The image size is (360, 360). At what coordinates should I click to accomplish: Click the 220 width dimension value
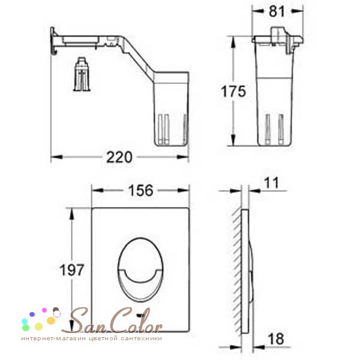119,157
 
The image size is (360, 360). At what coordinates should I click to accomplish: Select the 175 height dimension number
233,91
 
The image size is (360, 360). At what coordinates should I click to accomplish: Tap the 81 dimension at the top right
277,11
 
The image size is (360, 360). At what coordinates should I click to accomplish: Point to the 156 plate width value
140,190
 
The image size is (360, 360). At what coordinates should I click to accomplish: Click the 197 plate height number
71,270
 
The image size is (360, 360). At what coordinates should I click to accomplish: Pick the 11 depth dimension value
271,183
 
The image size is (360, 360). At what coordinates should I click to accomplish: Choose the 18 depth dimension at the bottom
276,339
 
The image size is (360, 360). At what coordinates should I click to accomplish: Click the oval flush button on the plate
140,269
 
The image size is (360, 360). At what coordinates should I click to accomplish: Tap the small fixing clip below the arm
82,74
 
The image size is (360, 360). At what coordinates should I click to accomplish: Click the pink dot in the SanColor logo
44,310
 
